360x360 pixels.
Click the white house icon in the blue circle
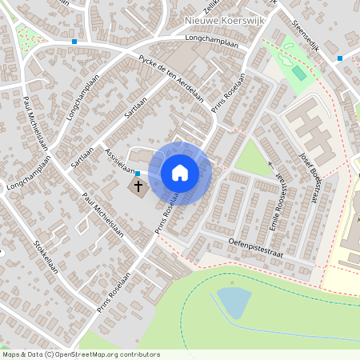pos(180,172)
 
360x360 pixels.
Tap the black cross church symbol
pos(138,187)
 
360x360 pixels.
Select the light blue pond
pos(234,302)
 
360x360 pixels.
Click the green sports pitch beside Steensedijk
pos(298,73)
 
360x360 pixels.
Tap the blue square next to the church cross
pos(138,173)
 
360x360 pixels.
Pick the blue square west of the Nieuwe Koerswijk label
pos(74,42)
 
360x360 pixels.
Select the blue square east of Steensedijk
pos(340,58)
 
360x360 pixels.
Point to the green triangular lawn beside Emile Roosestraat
pos(254,158)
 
